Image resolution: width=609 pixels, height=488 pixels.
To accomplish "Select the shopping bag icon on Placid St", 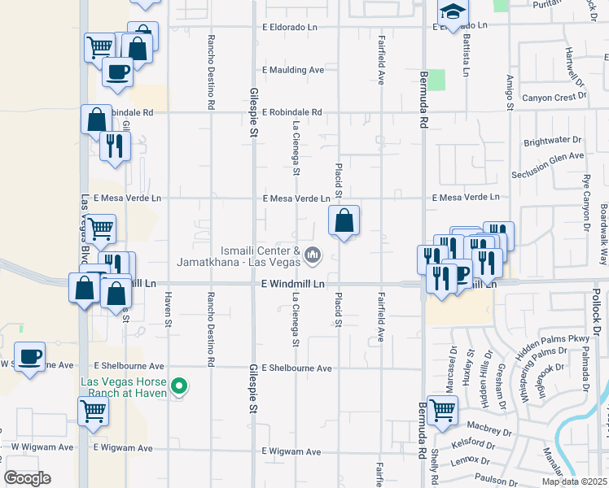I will click(344, 220).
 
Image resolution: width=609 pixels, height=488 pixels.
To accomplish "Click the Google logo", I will click(27, 478).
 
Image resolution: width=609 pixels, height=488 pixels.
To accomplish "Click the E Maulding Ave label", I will click(293, 70).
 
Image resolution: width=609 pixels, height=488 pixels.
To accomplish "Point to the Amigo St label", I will click(509, 90).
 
